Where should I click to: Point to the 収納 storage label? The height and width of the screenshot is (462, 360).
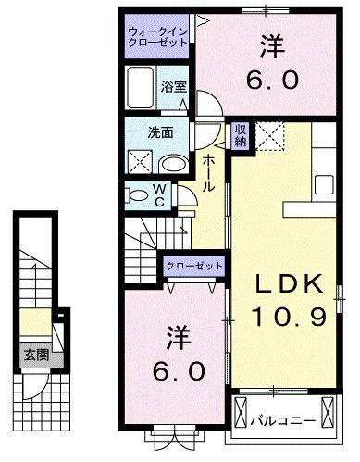pyautogui.click(x=240, y=136)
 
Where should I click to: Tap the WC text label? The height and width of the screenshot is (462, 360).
pyautogui.click(x=158, y=196)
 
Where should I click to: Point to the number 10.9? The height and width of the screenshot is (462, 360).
pyautogui.click(x=288, y=318)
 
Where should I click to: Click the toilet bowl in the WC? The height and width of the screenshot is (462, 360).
pyautogui.click(x=136, y=195)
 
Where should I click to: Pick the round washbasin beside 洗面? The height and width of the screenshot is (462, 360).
pyautogui.click(x=172, y=163)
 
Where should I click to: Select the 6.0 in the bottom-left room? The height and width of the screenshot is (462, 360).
pyautogui.click(x=173, y=370)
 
